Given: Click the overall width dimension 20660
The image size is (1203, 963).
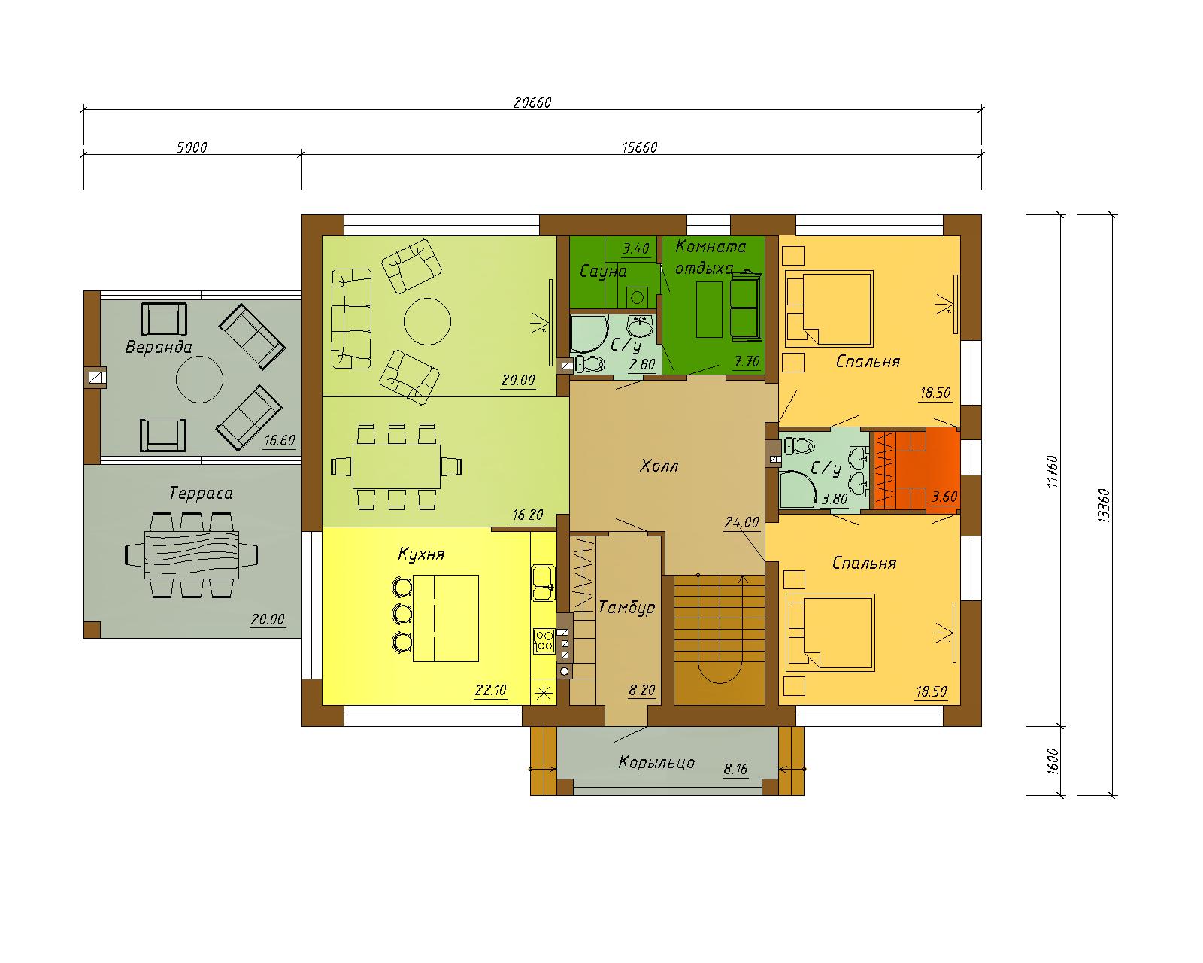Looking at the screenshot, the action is tap(532, 102).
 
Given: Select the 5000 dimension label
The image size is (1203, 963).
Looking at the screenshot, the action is tap(192, 147).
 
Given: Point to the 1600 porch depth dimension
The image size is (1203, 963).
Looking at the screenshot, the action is tap(1053, 761).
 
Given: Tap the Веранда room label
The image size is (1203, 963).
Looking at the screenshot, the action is tap(159, 347).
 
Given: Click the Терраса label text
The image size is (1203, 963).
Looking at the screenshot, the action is tap(201, 493).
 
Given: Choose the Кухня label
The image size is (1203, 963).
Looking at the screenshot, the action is tap(421, 554).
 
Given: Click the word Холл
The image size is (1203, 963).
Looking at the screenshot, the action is tap(659, 466).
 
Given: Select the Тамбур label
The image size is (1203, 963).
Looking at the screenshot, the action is tap(626, 607).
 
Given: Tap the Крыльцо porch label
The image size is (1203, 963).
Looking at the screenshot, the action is tap(656, 763).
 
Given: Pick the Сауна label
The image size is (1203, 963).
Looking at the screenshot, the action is tap(602, 272).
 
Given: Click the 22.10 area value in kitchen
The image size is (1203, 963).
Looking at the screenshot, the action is tap(491, 690).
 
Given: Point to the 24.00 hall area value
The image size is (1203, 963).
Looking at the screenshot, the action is tap(742, 522).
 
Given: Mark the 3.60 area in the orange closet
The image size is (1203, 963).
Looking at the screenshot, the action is tap(944, 497).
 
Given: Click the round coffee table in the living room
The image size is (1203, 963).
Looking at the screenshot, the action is tap(427, 321).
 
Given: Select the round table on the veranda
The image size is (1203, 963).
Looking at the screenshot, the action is tap(199, 379).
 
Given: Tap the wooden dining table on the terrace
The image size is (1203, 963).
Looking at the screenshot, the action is tap(192, 554).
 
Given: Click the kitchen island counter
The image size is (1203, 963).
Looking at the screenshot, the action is tap(446, 618).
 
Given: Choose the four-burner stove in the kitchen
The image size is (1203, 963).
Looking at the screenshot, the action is tap(544, 641).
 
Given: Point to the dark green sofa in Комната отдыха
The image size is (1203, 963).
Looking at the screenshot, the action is tap(747, 306).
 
